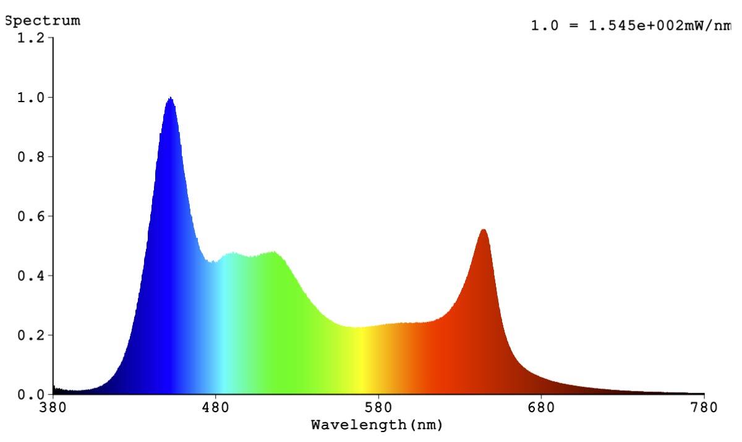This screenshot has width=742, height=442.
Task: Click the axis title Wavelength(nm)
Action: point(377,425)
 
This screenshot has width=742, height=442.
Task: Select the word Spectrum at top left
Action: point(42,20)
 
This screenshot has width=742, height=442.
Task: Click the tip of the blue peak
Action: point(170,98)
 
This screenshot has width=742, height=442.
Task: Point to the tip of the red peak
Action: point(484,230)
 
